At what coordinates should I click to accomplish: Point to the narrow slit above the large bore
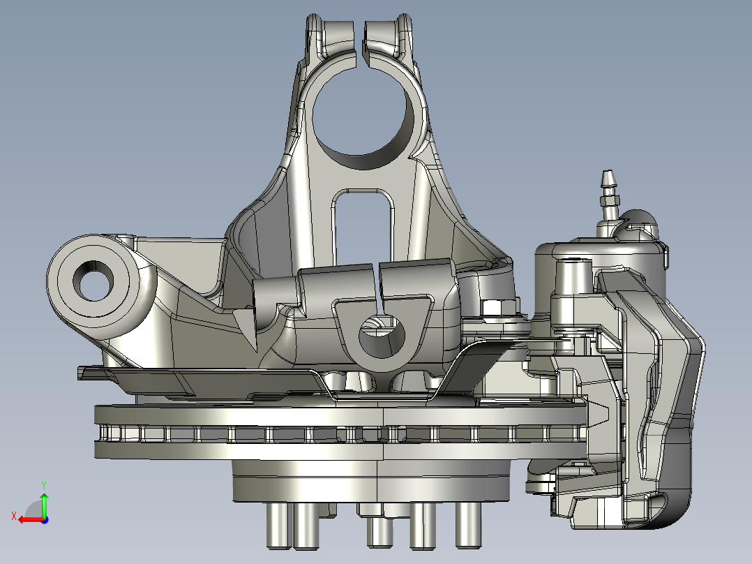click(x=359, y=43)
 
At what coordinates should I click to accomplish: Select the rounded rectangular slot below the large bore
click(x=363, y=225)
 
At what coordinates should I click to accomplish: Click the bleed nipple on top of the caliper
click(x=608, y=195)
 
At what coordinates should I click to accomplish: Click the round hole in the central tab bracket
click(x=382, y=335)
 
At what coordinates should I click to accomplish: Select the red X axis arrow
click(x=31, y=519)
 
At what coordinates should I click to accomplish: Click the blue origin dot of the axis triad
click(x=45, y=520)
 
